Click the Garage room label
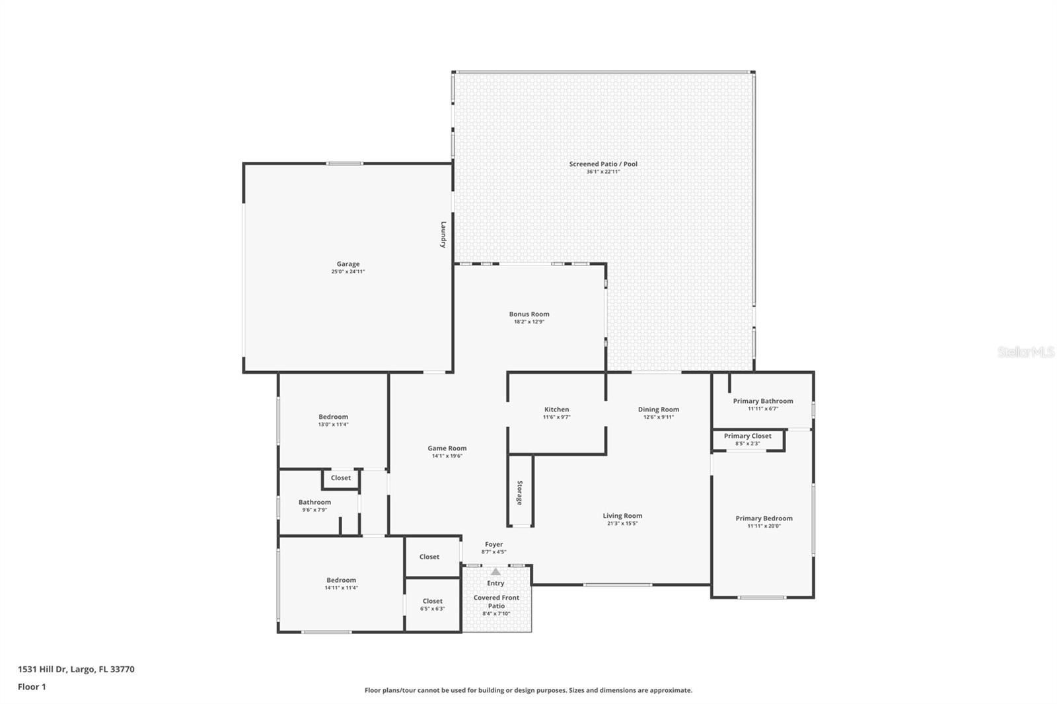coord(347,264)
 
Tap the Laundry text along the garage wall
coord(444,234)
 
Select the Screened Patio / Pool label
coord(603,164)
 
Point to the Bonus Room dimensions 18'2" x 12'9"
coord(529,322)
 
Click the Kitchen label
coord(556,409)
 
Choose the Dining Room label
coord(658,409)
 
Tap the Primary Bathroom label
coord(762,401)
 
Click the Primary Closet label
coord(747,436)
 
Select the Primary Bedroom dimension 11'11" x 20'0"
coord(764,526)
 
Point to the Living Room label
coord(622,516)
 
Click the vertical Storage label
coord(520,493)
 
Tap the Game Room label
coord(447,448)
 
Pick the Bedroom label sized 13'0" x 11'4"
coord(333,417)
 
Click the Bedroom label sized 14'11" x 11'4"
coord(341,580)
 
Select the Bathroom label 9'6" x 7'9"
coord(314,502)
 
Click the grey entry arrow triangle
coord(495,571)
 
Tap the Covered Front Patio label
coord(496,602)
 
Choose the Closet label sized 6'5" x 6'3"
coord(432,601)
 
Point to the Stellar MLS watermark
coord(1025,353)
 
